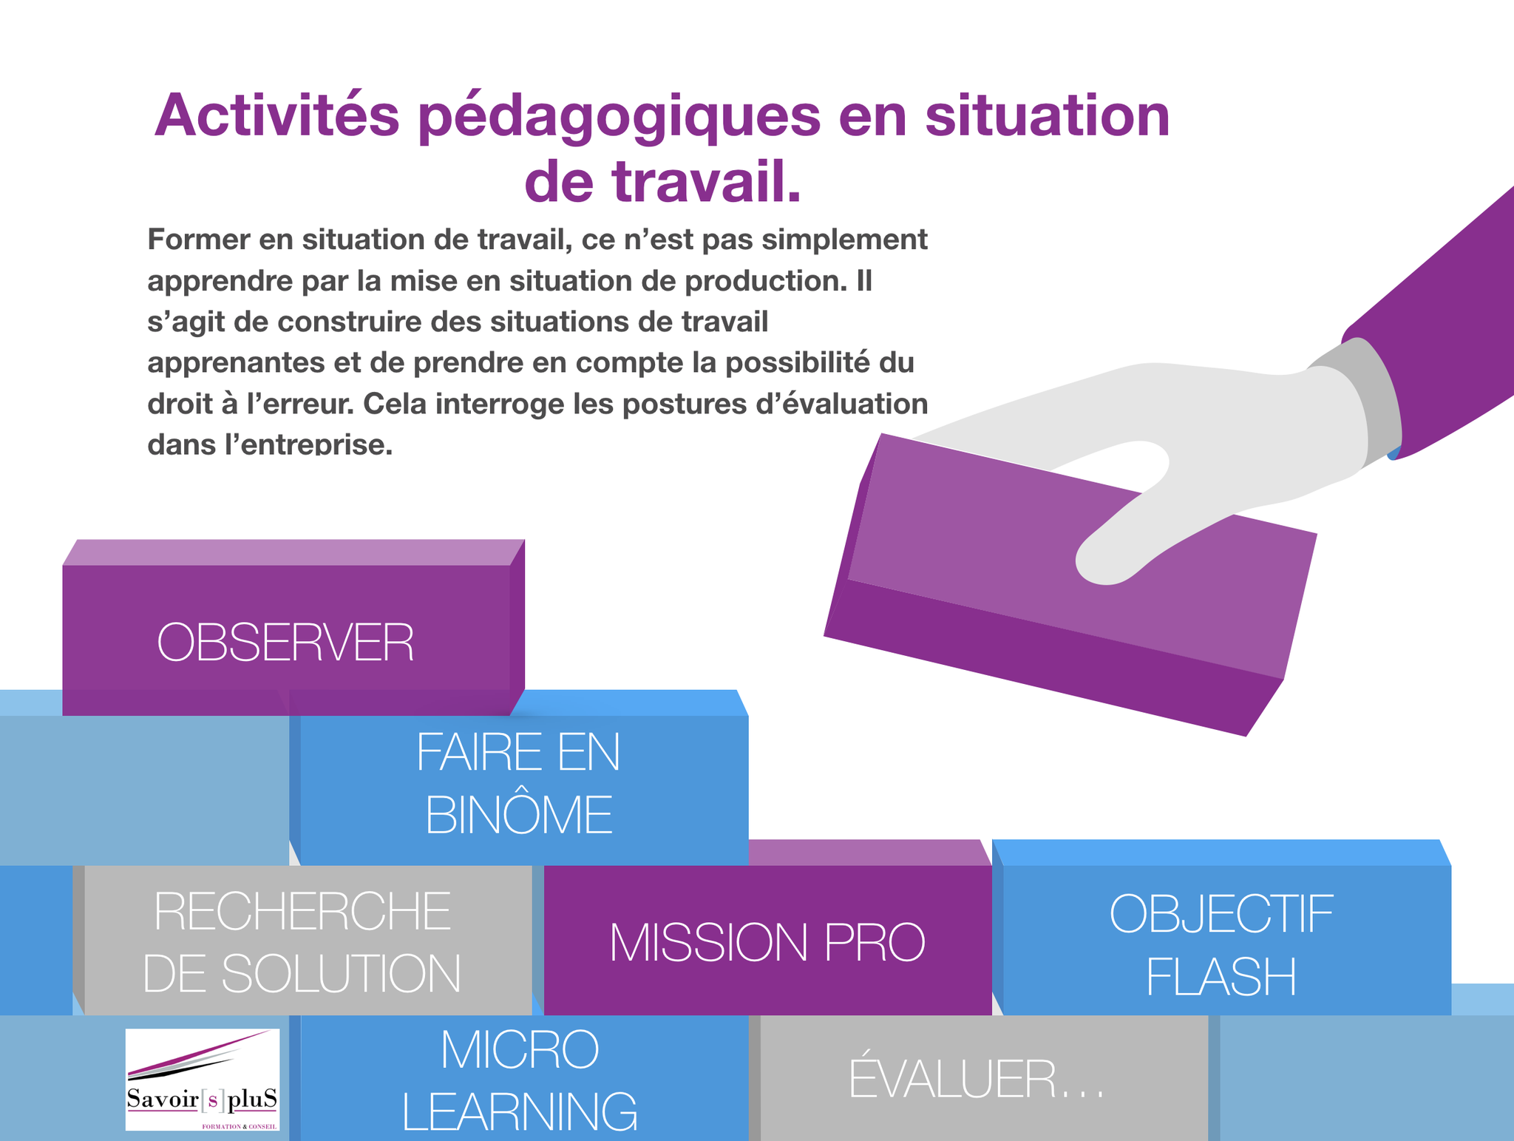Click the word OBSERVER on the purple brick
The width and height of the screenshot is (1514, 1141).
tap(285, 642)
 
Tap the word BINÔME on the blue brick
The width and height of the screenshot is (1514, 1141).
tap(519, 815)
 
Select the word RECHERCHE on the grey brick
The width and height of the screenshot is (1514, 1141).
tap(302, 911)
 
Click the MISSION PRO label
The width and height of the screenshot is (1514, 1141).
tap(767, 942)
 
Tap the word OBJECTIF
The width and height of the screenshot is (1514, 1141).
tap(1221, 914)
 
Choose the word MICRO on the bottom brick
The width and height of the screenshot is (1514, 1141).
tap(520, 1049)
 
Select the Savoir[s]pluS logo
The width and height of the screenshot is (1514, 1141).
tap(203, 1080)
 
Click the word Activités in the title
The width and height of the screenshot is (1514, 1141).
tap(277, 115)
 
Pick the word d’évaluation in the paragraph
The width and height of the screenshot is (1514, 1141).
tap(843, 404)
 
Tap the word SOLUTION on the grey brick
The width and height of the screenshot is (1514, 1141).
tap(342, 973)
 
